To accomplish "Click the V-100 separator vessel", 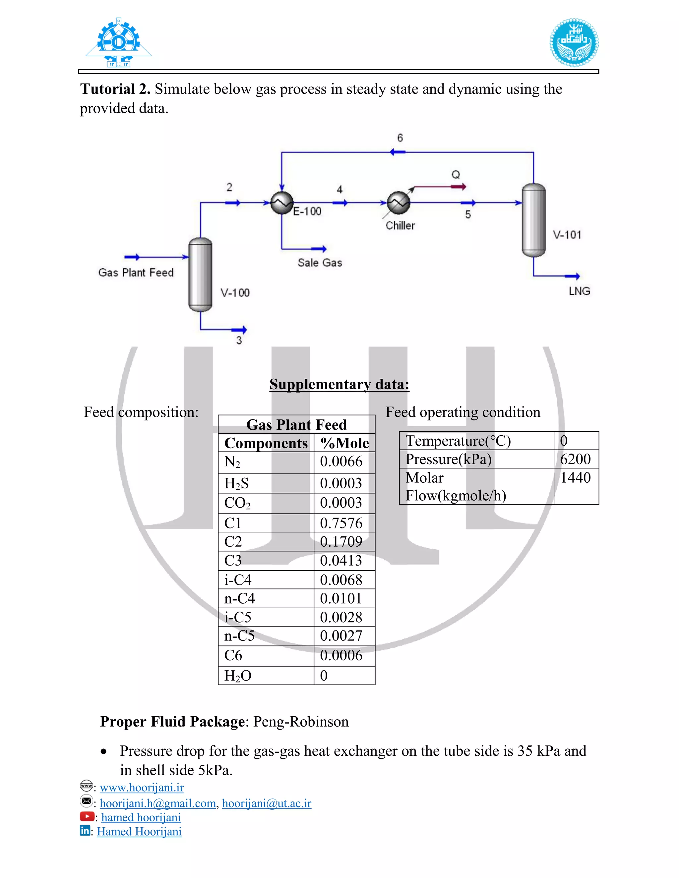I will click(200, 275).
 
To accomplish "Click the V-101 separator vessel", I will click(533, 220).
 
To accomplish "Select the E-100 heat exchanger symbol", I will click(281, 203).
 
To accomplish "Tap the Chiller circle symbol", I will click(398, 203).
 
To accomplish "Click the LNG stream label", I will click(579, 291).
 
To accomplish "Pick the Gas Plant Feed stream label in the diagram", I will click(136, 273).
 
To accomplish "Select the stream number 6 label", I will click(400, 138).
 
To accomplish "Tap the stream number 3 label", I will click(239, 340).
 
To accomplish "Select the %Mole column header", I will click(344, 443).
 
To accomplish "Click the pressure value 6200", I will click(575, 459).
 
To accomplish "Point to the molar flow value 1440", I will click(575, 477).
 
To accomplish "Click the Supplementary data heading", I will click(339, 384).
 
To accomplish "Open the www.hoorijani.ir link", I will click(142, 787).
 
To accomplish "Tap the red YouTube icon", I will click(87, 816).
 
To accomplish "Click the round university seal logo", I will click(574, 42).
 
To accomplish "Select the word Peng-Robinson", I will click(301, 722).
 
